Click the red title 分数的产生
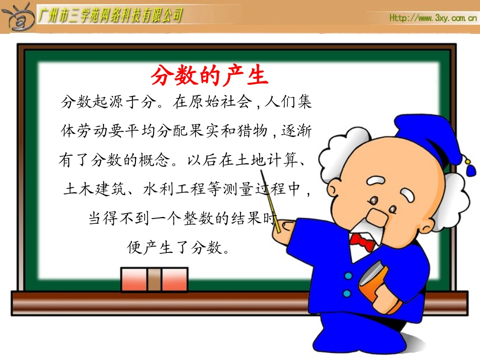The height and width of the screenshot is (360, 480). pos(209,76)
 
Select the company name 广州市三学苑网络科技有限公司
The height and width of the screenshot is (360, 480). pos(110,16)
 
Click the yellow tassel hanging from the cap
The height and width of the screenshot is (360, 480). pos(469,167)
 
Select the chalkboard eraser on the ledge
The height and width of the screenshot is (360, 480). pos(154,280)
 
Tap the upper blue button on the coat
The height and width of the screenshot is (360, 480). pos(348,276)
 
